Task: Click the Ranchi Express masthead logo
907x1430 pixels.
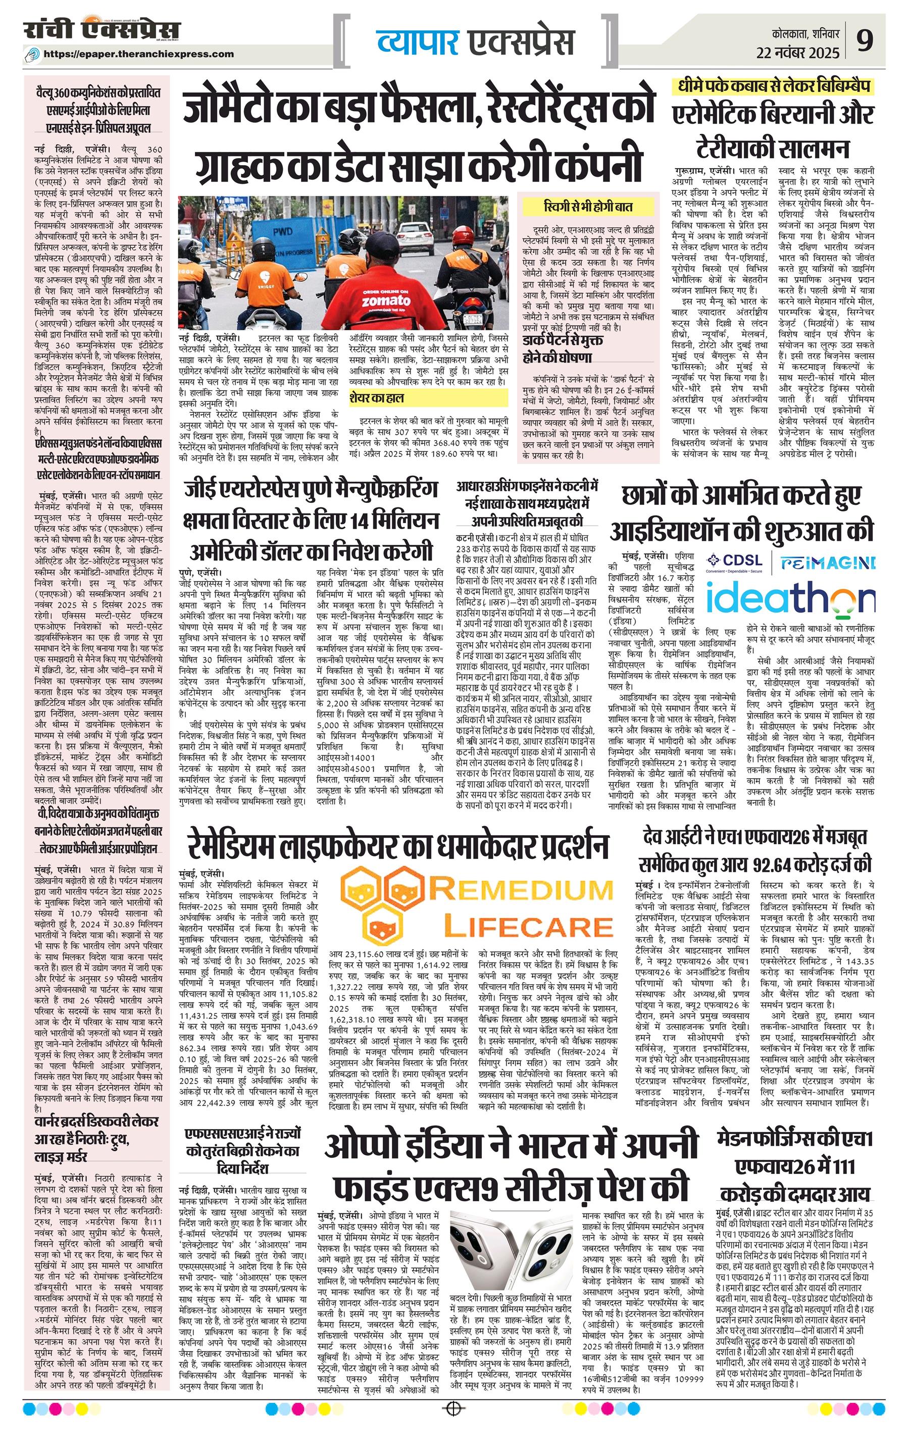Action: point(102,30)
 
